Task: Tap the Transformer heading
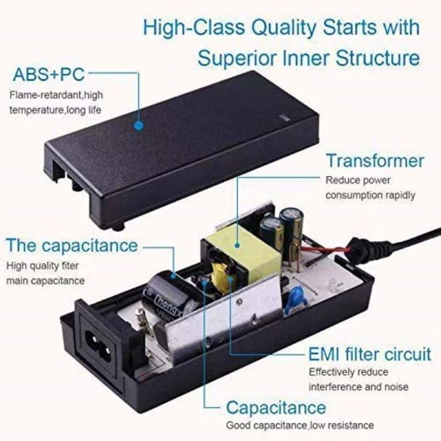pos(375,161)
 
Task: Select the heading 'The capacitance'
pos(72,245)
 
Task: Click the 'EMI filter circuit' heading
pos(370,354)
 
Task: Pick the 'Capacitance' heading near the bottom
pos(276,406)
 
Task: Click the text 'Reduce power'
pos(358,180)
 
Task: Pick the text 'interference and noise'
pos(359,387)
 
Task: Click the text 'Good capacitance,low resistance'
pos(300,425)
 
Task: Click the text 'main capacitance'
pos(46,281)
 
